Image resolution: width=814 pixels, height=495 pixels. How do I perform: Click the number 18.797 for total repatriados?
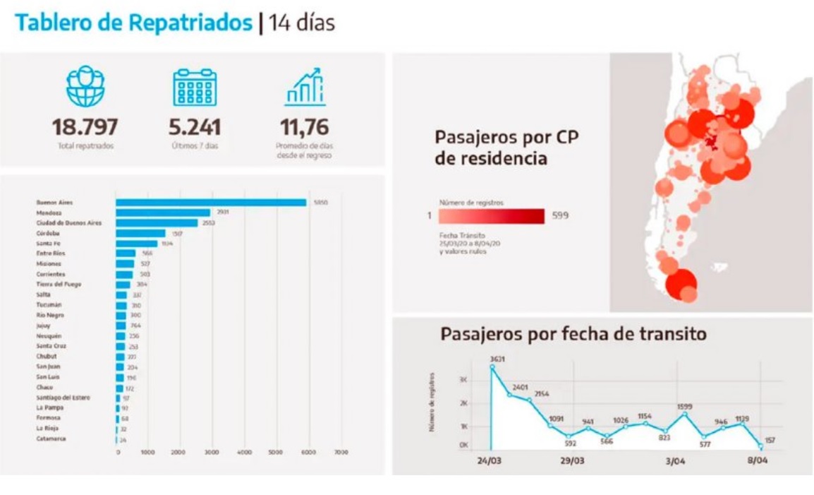pyautogui.click(x=85, y=128)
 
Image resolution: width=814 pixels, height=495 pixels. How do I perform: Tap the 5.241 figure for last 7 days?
pyautogui.click(x=195, y=128)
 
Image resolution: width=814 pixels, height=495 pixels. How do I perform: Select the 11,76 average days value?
pyautogui.click(x=305, y=128)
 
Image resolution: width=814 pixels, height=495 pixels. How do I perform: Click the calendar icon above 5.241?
pyautogui.click(x=195, y=87)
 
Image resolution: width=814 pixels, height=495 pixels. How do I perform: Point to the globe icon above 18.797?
pyautogui.click(x=85, y=86)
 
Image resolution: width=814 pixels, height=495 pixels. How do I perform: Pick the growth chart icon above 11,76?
pyautogui.click(x=305, y=87)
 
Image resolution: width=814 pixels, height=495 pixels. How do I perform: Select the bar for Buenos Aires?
pyautogui.click(x=211, y=203)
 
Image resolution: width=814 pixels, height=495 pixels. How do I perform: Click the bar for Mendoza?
pyautogui.click(x=163, y=213)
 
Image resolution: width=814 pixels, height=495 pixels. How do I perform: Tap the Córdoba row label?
pyautogui.click(x=49, y=233)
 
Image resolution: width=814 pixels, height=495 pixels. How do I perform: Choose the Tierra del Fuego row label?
pyautogui.click(x=59, y=284)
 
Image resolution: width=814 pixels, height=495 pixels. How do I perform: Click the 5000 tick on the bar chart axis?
pyautogui.click(x=277, y=452)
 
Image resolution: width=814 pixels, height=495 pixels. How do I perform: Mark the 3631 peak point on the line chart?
pyautogui.click(x=492, y=367)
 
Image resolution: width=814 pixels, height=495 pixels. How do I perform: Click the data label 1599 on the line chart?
pyautogui.click(x=685, y=407)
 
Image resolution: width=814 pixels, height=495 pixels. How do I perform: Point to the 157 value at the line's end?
pyautogui.click(x=770, y=439)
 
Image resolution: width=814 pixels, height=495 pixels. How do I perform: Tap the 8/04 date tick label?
pyautogui.click(x=757, y=460)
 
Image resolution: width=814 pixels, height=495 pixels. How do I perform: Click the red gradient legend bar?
pyautogui.click(x=492, y=215)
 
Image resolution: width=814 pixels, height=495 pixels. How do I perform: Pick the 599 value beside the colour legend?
pyautogui.click(x=560, y=215)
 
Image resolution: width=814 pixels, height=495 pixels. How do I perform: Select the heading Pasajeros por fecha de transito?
pyautogui.click(x=573, y=334)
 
